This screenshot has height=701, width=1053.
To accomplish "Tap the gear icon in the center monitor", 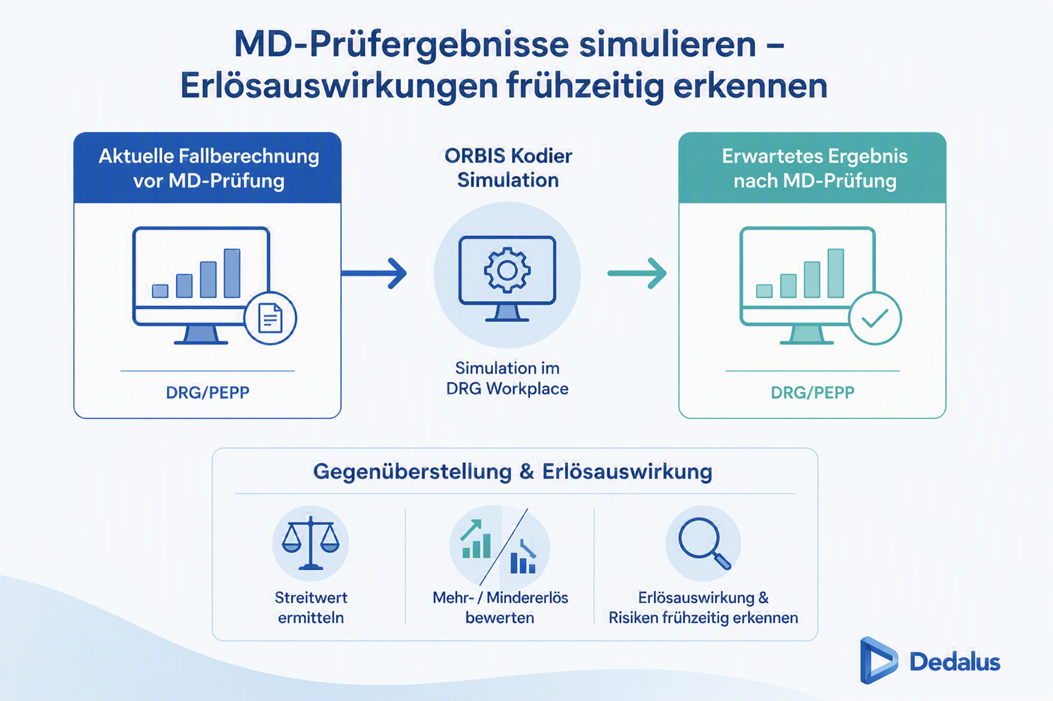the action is pos(507,270).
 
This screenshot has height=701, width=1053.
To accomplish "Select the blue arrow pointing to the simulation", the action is pos(374,273).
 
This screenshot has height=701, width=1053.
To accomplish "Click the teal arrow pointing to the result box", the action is pos(637,273).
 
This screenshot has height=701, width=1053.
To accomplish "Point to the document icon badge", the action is pos(270,318).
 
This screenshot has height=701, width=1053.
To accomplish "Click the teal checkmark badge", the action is pos(875,318).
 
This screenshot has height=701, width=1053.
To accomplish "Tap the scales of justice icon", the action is pos(311,543).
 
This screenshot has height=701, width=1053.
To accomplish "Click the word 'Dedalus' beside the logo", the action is pos(955,662).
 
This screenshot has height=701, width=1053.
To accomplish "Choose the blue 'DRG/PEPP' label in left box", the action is pos(208,393).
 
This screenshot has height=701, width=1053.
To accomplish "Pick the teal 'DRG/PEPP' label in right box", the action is pos(813,393).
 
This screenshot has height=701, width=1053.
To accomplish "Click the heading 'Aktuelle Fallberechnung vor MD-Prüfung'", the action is pos(209,168).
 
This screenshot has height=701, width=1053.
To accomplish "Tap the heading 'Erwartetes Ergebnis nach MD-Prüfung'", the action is pos(815,168).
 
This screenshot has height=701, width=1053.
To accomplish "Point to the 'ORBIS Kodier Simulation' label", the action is pos(508,167).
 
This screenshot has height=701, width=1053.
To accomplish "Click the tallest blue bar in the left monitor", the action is pos(232,273).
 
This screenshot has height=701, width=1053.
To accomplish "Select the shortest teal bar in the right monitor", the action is pos(764,291).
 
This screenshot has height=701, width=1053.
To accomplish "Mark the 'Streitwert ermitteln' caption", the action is pos(311,608).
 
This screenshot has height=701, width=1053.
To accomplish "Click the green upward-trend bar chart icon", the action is pos(476,539).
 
